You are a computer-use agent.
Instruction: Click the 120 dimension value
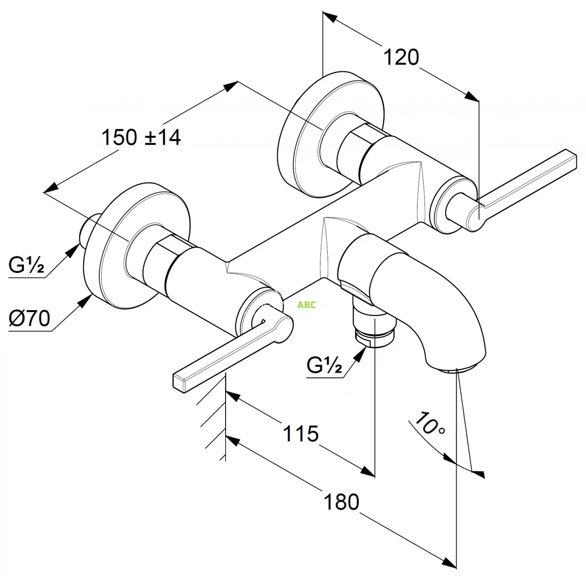(401, 57)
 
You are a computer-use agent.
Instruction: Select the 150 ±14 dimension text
(141, 137)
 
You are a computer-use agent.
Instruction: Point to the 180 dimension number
(341, 502)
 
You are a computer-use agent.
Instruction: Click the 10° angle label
(430, 423)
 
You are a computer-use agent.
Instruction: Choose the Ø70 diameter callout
(29, 318)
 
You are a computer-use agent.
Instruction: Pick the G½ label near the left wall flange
(26, 265)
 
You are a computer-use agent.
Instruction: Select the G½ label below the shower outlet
(324, 365)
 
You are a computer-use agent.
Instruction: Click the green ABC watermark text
(307, 305)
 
